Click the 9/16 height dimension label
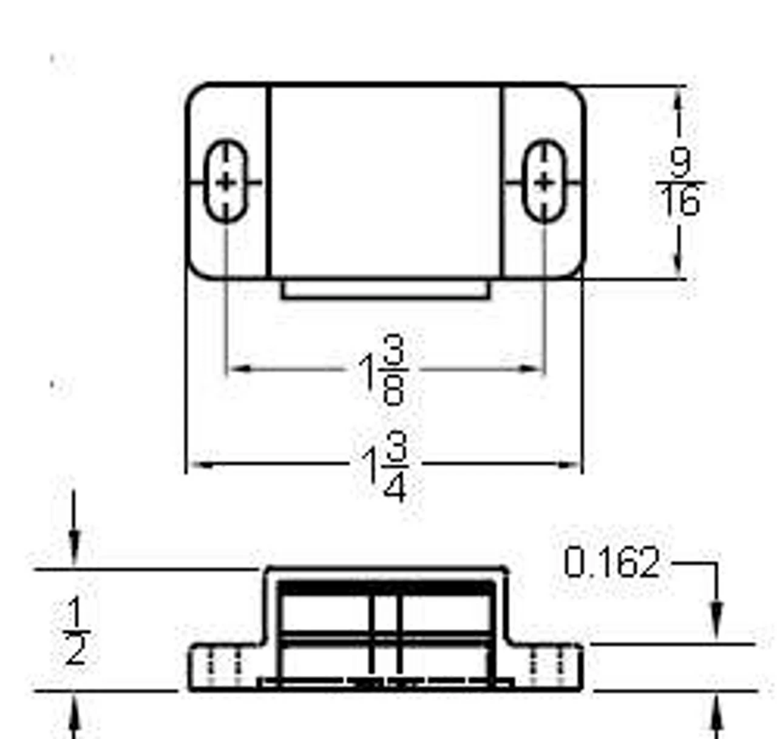click(680, 182)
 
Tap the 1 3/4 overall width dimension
click(386, 466)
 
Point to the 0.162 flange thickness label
click(611, 563)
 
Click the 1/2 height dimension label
click(76, 631)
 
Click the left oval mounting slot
click(226, 181)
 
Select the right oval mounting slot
click(545, 181)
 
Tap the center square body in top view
click(385, 181)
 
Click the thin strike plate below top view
click(385, 289)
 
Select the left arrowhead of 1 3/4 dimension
click(198, 465)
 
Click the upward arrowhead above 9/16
click(678, 100)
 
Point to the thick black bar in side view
click(385, 588)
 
